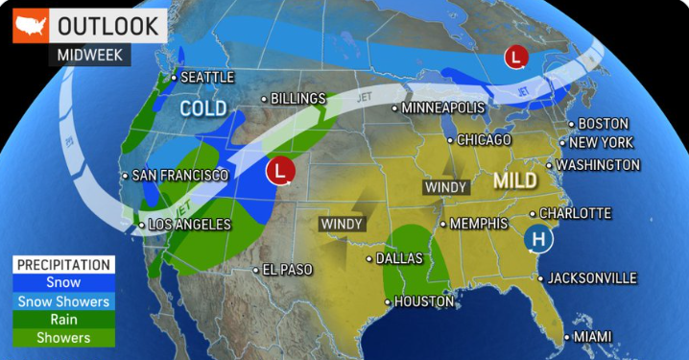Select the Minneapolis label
click(440, 108)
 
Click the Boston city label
click(603, 124)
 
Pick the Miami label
click(592, 337)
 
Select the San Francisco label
click(180, 176)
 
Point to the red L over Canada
click(517, 57)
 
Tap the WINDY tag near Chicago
click(447, 186)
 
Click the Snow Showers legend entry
click(64, 300)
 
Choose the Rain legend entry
click(64, 319)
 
